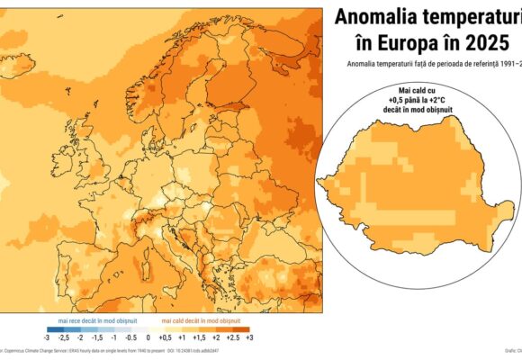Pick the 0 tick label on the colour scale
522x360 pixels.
coord(148,337)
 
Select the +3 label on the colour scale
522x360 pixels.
coord(249,337)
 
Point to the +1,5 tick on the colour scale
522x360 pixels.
coord(199,337)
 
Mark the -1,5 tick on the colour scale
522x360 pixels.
coord(96,337)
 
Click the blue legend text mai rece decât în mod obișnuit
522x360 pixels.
coord(91,320)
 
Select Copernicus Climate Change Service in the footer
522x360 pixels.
coord(40,351)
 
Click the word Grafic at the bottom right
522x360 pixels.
coord(509,351)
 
